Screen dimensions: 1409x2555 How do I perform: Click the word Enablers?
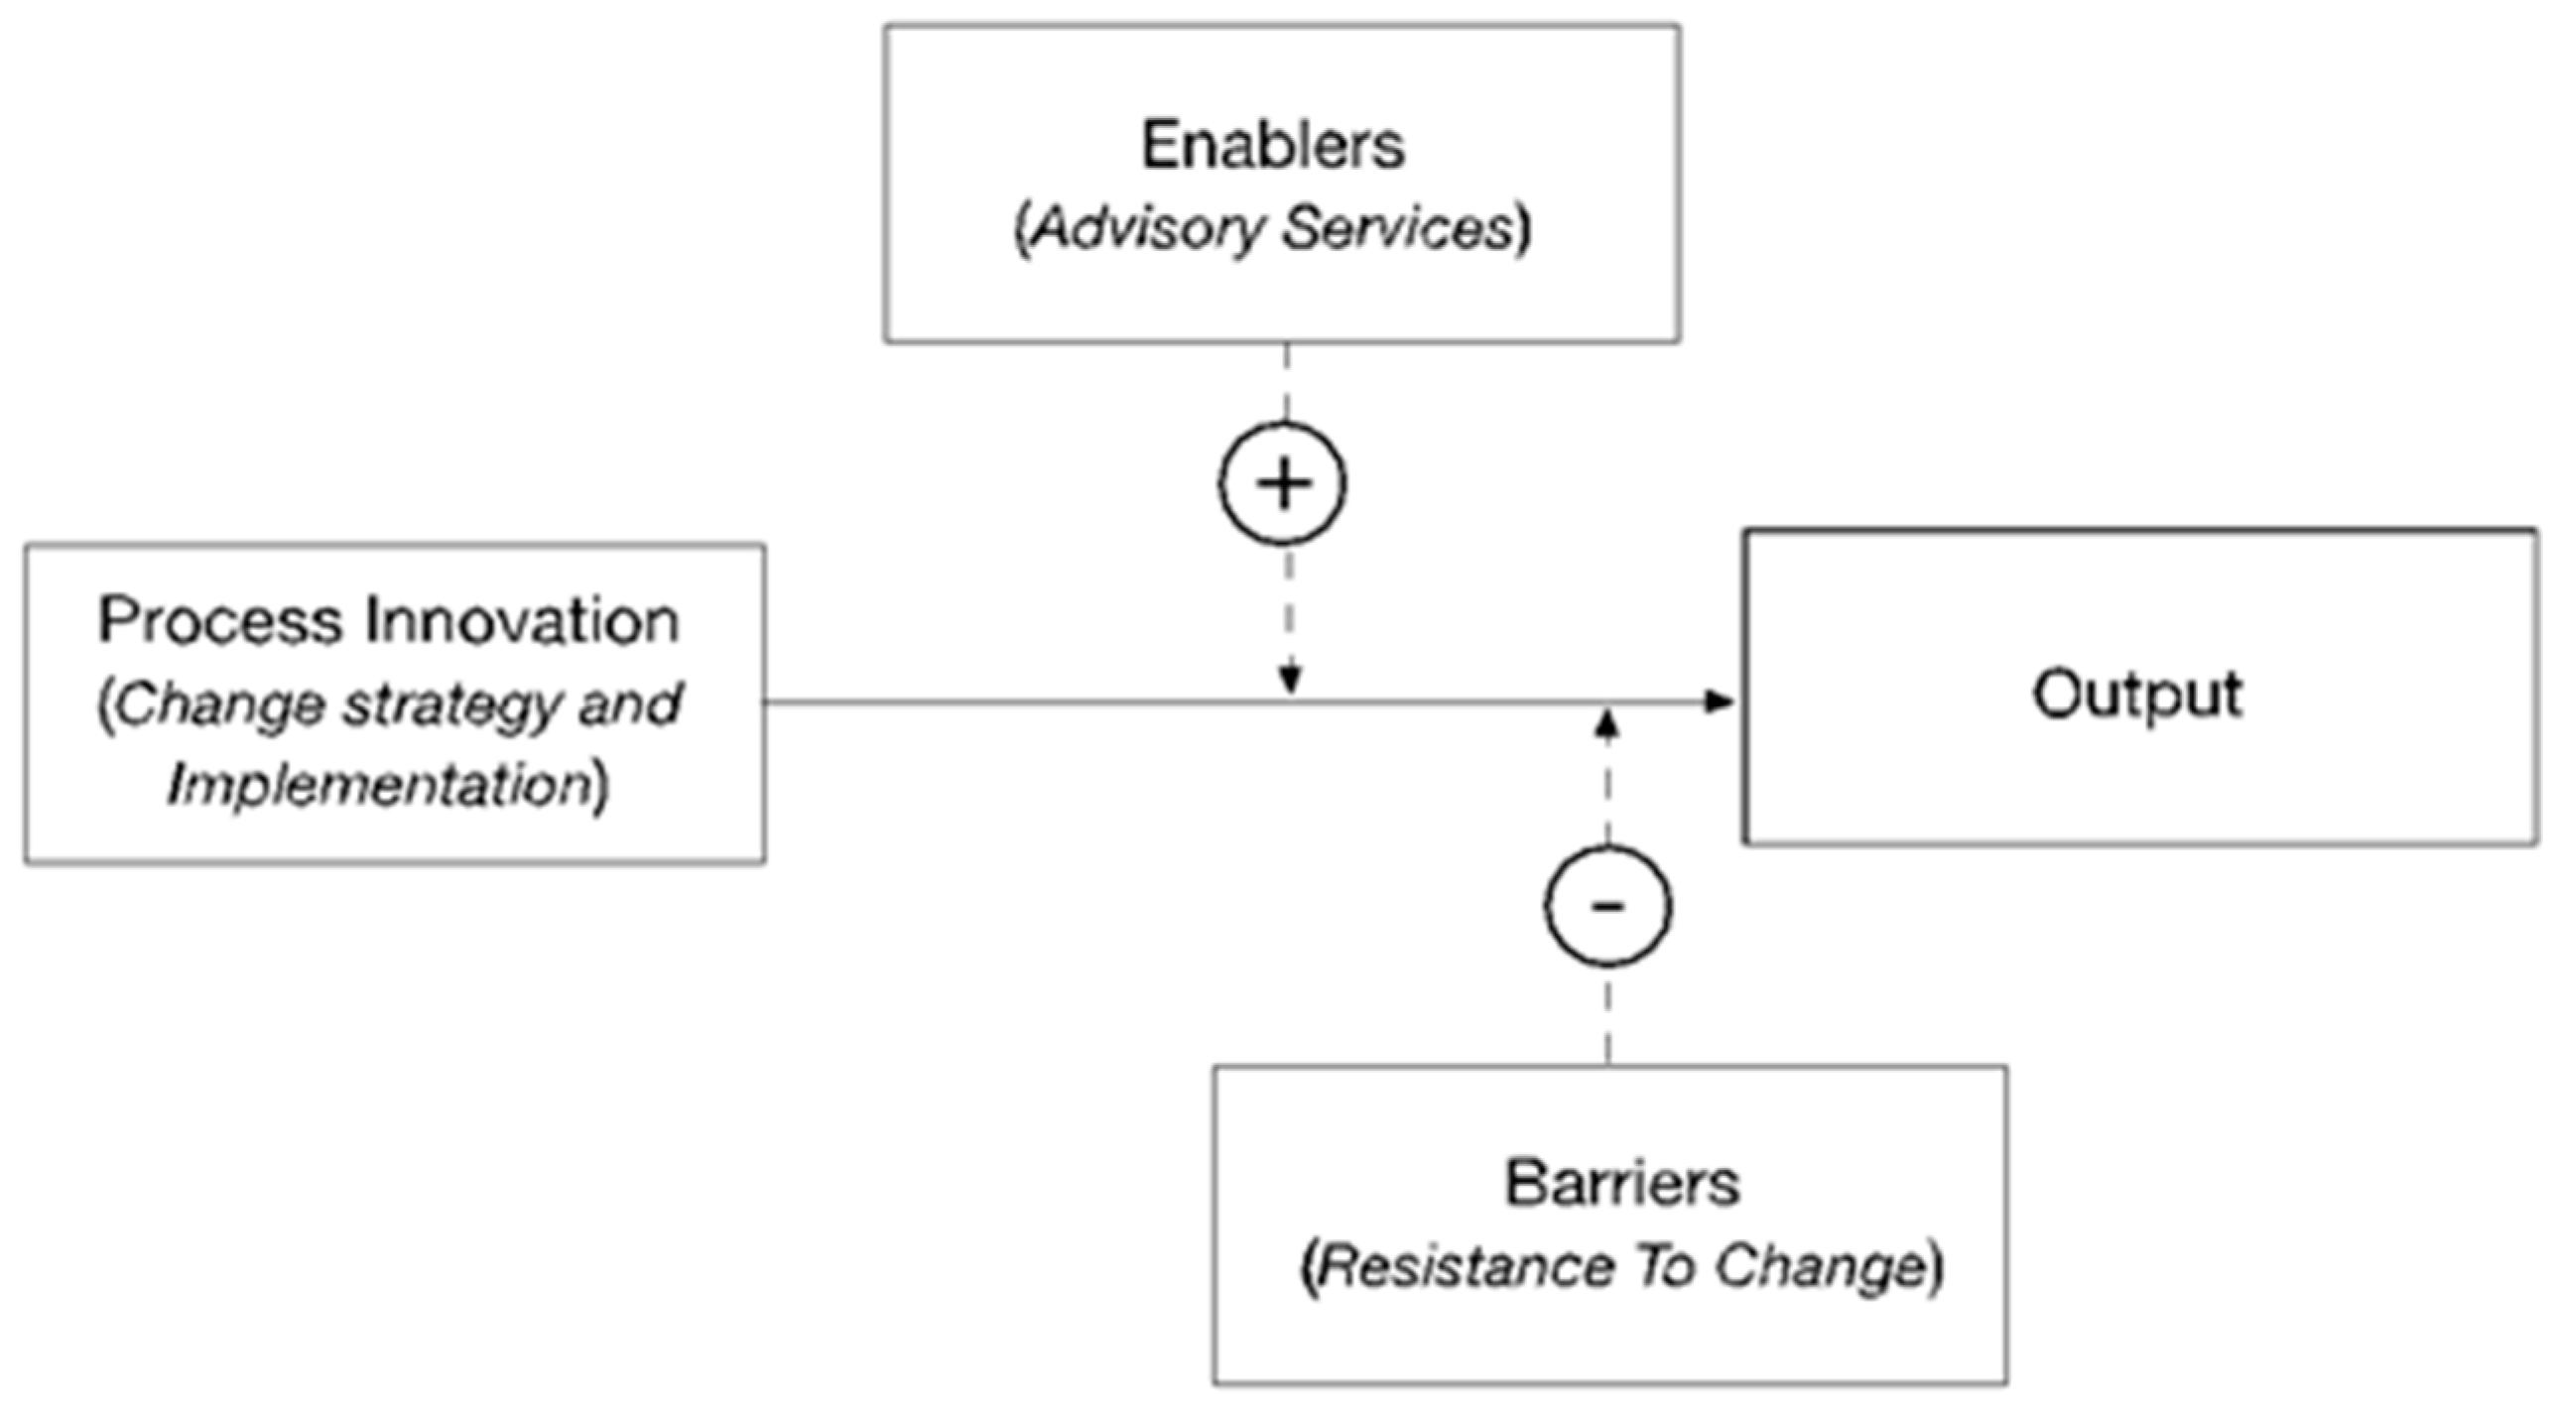(x=1272, y=145)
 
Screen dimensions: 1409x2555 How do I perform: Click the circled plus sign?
(x=1283, y=484)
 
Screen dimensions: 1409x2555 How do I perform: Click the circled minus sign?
(x=1607, y=905)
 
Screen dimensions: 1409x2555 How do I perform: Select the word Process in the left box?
(x=219, y=621)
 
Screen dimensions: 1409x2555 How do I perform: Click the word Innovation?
(x=522, y=621)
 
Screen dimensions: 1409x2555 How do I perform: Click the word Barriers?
(x=1621, y=1183)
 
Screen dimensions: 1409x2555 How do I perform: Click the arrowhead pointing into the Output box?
(x=1719, y=703)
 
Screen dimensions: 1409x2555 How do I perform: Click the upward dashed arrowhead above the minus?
(x=1607, y=724)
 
